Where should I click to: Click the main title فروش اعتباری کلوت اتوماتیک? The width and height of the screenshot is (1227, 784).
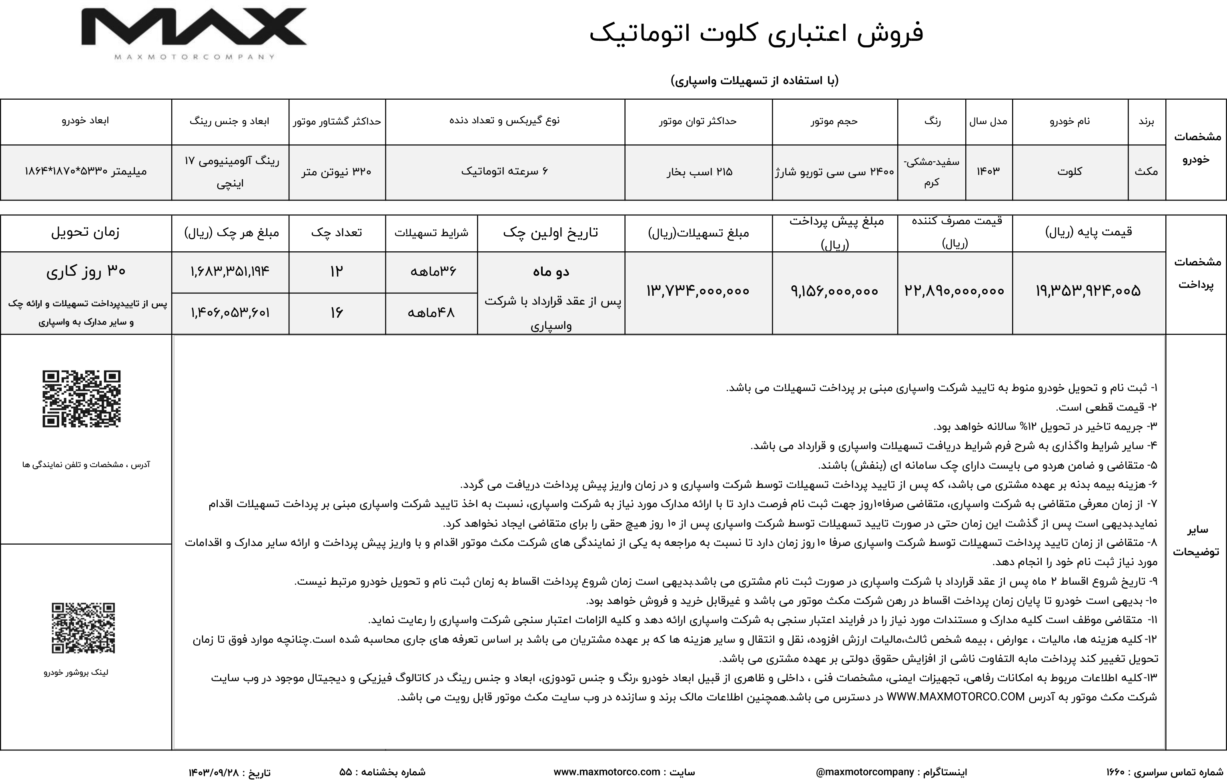[x=756, y=34]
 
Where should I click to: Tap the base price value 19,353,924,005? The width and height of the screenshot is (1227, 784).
[x=1088, y=291]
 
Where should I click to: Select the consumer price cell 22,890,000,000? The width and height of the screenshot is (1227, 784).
[x=954, y=291]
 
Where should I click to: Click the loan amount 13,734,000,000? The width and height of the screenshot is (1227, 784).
[x=698, y=291]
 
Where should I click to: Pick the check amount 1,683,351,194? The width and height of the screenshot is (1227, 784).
[x=230, y=271]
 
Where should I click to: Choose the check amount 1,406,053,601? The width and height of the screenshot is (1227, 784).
[x=230, y=312]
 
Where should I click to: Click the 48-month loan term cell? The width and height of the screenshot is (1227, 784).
[x=431, y=312]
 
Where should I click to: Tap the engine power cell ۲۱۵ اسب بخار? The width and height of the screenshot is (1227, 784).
[x=699, y=172]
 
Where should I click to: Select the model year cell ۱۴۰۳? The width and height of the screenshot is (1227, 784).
[x=988, y=172]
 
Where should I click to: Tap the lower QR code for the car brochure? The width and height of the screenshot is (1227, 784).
[x=83, y=628]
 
